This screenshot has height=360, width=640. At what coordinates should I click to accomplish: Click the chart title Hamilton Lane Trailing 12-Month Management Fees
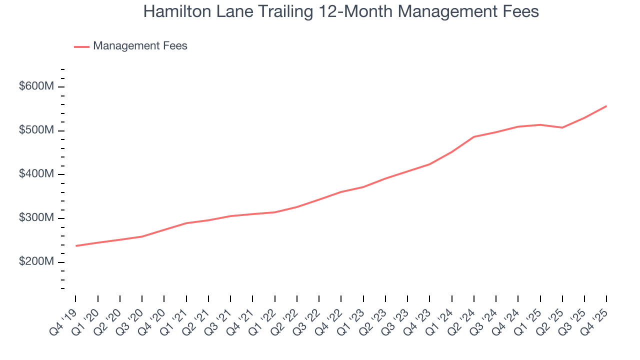[341, 11]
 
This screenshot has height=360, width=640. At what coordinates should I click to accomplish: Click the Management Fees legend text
[140, 46]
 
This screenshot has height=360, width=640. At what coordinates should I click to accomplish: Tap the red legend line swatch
[81, 46]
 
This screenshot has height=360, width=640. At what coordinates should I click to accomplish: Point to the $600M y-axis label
[36, 86]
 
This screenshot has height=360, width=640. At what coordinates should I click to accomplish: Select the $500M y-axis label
[36, 130]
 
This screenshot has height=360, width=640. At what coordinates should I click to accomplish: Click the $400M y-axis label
[36, 174]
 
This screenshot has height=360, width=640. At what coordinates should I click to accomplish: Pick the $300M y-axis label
[36, 218]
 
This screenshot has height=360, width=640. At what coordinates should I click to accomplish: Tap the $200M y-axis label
[36, 262]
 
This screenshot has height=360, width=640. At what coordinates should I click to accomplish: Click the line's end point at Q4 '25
[606, 106]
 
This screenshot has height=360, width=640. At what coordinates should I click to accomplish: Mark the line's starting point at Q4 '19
[76, 245]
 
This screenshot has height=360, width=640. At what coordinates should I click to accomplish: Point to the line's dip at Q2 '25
[562, 127]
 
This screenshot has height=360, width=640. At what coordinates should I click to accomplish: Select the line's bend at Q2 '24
[474, 136]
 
